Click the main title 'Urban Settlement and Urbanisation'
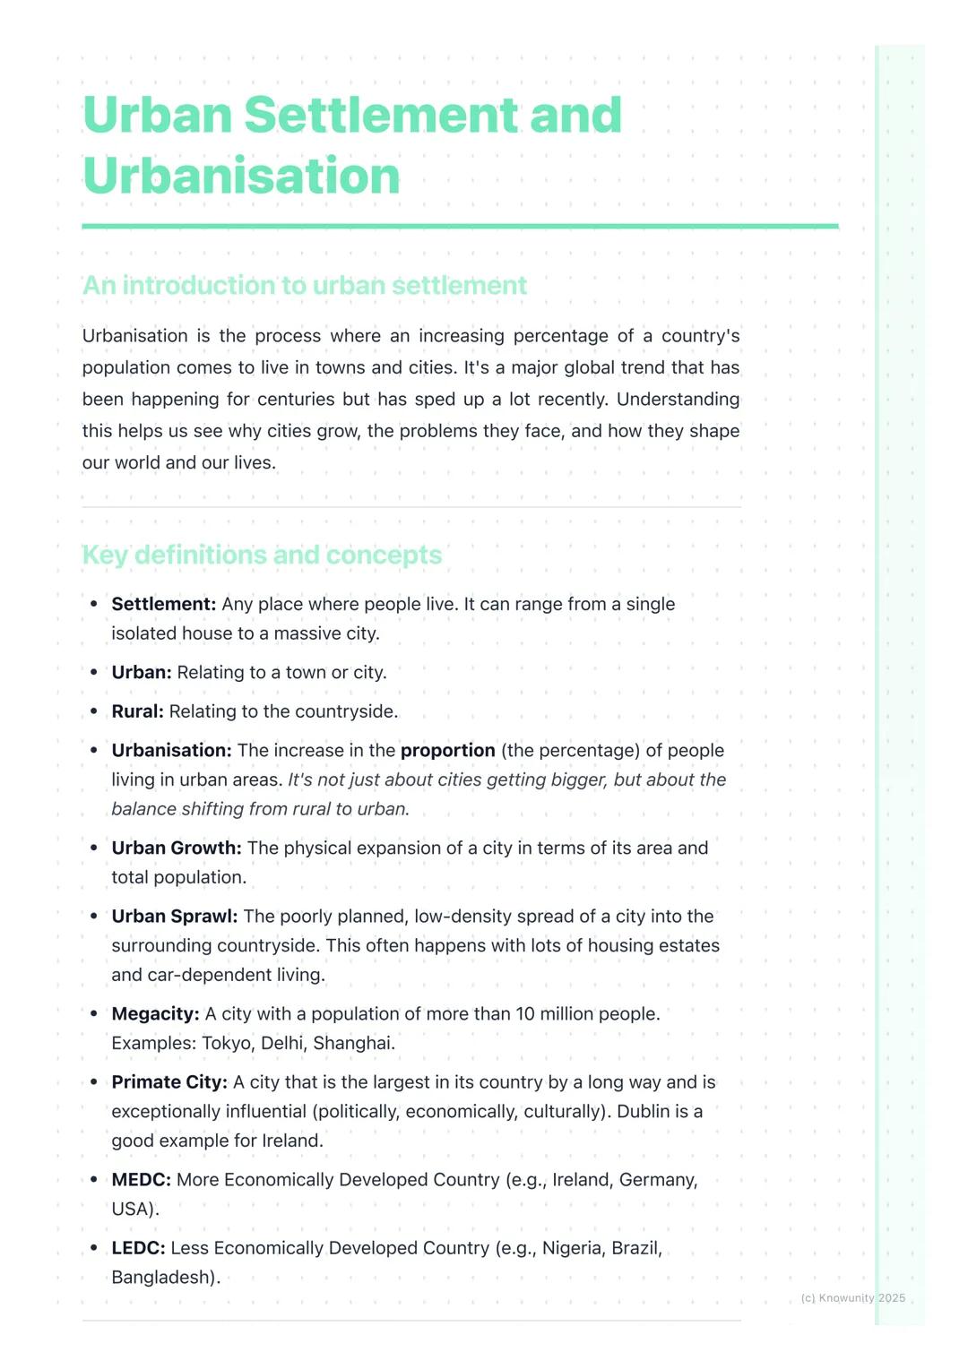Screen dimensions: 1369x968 pos(351,145)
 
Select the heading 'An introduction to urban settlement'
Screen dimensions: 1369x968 pos(304,285)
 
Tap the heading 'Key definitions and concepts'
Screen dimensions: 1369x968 pos(262,555)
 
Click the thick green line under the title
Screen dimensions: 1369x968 pos(460,227)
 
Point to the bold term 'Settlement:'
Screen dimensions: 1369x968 pos(163,604)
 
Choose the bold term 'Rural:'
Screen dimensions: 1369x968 pos(137,711)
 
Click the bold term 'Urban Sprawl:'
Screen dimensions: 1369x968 pos(174,917)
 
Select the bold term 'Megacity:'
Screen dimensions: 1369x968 pos(155,1014)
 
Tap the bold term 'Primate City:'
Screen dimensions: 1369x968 pos(169,1082)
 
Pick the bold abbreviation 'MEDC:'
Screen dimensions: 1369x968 pos(141,1180)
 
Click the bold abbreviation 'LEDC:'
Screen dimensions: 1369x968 pos(138,1248)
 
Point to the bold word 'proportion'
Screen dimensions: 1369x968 pos(447,751)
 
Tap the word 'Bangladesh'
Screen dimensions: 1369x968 pos(162,1278)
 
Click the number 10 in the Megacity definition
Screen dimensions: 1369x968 pos(525,1014)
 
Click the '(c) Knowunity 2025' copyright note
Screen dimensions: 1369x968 pos(852,1298)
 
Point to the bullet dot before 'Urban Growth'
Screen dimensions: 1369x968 pos(94,848)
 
